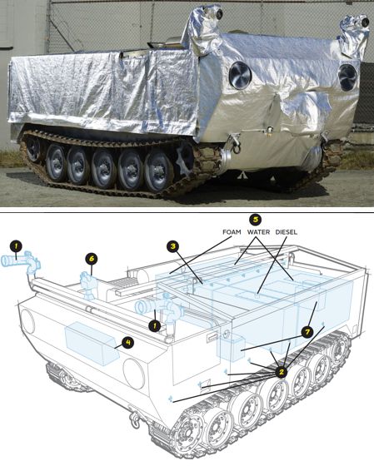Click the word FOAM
click(x=232, y=232)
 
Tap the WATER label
click(x=258, y=232)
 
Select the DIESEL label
click(x=287, y=232)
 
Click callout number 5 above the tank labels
click(x=256, y=220)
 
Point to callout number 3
click(x=172, y=245)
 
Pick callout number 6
click(x=92, y=259)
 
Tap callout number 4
click(x=128, y=342)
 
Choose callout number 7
click(x=307, y=332)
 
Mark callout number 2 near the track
click(x=282, y=371)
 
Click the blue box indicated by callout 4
click(x=92, y=344)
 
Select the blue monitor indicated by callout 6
click(x=88, y=285)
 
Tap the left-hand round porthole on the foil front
click(x=240, y=76)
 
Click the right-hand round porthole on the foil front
click(x=347, y=77)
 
